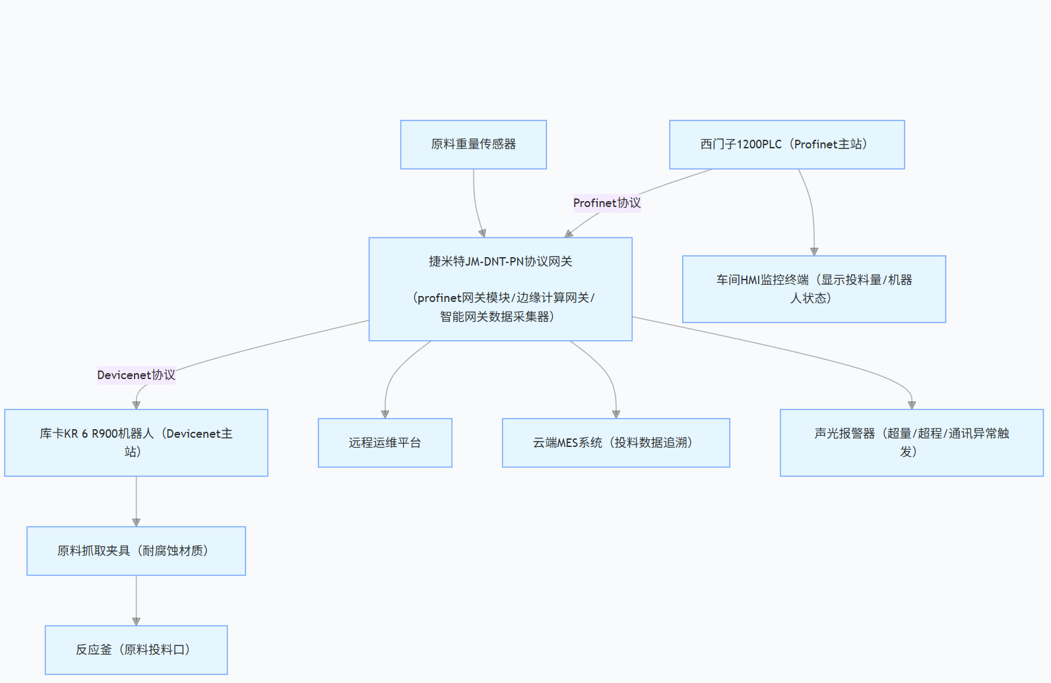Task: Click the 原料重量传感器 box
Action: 473,144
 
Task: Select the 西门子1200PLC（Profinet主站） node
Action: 786,144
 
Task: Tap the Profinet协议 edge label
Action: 606,203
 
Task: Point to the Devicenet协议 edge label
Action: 136,375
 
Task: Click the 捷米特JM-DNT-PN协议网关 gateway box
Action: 500,289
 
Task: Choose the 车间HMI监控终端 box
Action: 813,289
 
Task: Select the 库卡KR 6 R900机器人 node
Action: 136,442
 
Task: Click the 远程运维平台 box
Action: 385,442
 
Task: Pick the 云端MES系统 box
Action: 616,442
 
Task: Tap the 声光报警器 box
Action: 911,442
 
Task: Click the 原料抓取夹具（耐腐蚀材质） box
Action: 136,550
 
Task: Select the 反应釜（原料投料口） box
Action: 136,649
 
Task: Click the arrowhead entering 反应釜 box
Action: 136,622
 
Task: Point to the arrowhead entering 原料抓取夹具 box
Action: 136,523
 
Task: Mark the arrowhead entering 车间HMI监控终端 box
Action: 814,252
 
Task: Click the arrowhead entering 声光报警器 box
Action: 912,405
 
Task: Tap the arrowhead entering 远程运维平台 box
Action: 385,415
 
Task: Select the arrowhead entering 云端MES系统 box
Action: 616,415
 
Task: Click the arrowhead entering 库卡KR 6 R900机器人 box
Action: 136,405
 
